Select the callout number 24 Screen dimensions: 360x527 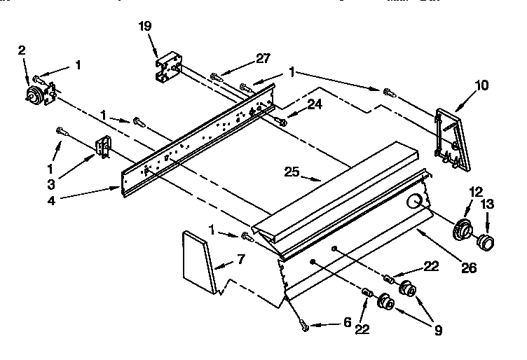tap(315, 105)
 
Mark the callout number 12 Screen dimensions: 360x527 tap(477, 191)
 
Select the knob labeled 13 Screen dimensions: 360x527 tap(484, 243)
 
